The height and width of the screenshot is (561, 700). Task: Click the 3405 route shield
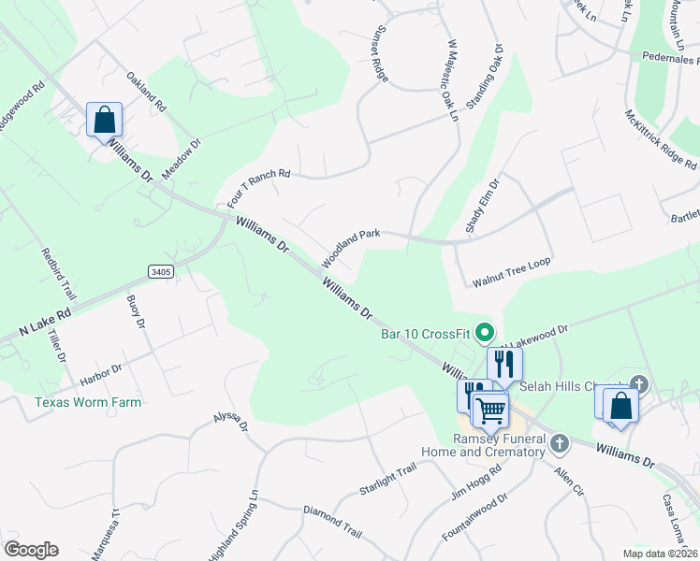[x=161, y=271]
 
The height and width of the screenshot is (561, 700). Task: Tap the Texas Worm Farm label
[x=88, y=403]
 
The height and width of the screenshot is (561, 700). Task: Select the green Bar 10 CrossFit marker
[x=485, y=332]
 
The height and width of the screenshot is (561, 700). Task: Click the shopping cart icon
[x=490, y=409]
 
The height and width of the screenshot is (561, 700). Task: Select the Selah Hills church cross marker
[x=639, y=384]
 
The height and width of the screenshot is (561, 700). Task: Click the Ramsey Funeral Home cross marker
[x=560, y=441]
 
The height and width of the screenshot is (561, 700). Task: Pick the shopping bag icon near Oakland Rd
[x=104, y=120]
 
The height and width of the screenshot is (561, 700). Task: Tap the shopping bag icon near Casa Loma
[x=620, y=405]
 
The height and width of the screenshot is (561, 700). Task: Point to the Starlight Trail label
[x=386, y=484]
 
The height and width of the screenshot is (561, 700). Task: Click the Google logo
[x=31, y=550]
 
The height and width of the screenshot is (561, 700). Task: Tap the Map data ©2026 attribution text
[x=659, y=554]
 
